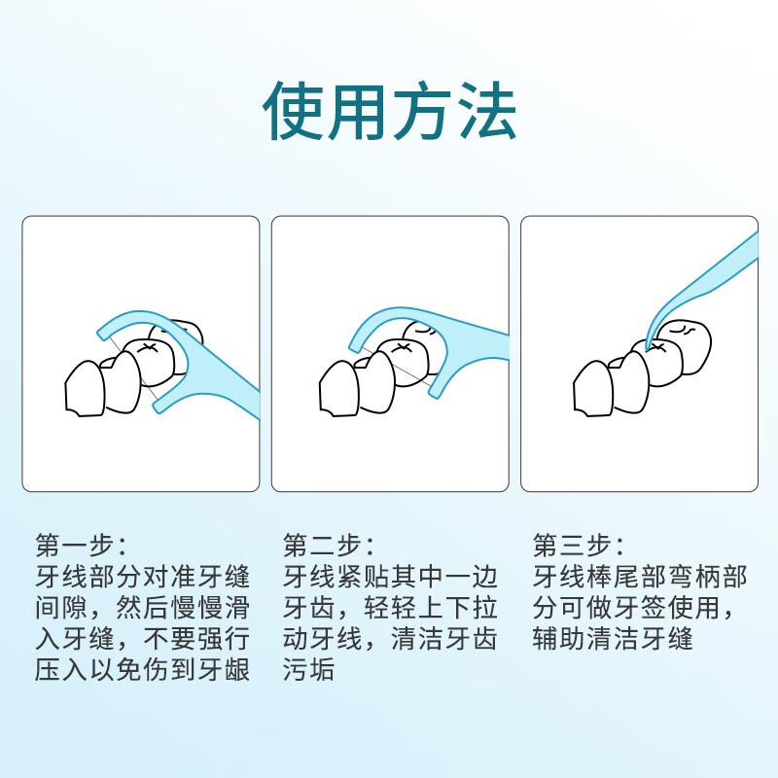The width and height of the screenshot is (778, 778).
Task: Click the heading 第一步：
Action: pos(81,543)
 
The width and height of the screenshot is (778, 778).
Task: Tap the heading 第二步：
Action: pos(330,543)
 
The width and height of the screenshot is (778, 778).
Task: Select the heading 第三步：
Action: pos(579,543)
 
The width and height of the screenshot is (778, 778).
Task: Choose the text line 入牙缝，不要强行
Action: pos(142,639)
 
